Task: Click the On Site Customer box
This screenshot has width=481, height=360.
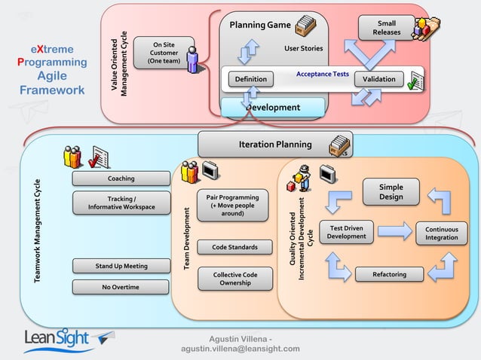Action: pyautogui.click(x=164, y=53)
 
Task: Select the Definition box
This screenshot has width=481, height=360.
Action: pyautogui.click(x=250, y=79)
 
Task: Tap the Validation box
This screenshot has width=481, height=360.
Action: pyautogui.click(x=379, y=79)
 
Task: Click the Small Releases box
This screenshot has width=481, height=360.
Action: pyautogui.click(x=386, y=28)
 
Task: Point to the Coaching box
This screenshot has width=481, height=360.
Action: pyautogui.click(x=121, y=178)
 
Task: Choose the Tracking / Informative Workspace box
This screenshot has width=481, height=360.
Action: pyautogui.click(x=121, y=203)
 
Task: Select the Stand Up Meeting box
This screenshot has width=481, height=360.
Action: pyautogui.click(x=121, y=266)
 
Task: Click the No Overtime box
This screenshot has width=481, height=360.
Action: pyautogui.click(x=121, y=287)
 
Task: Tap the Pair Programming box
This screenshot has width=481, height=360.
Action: pyautogui.click(x=232, y=205)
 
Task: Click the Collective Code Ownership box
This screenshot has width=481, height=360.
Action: pyautogui.click(x=234, y=279)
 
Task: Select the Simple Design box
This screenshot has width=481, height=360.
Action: pyautogui.click(x=391, y=192)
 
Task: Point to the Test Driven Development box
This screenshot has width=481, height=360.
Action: pyautogui.click(x=347, y=232)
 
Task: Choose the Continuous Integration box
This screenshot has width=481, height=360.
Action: pyautogui.click(x=441, y=233)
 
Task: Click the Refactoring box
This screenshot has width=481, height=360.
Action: pyautogui.click(x=389, y=275)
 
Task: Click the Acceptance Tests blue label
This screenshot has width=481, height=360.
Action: pyautogui.click(x=322, y=75)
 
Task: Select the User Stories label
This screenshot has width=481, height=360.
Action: pyautogui.click(x=303, y=49)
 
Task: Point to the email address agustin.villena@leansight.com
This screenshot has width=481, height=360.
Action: pyautogui.click(x=240, y=349)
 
